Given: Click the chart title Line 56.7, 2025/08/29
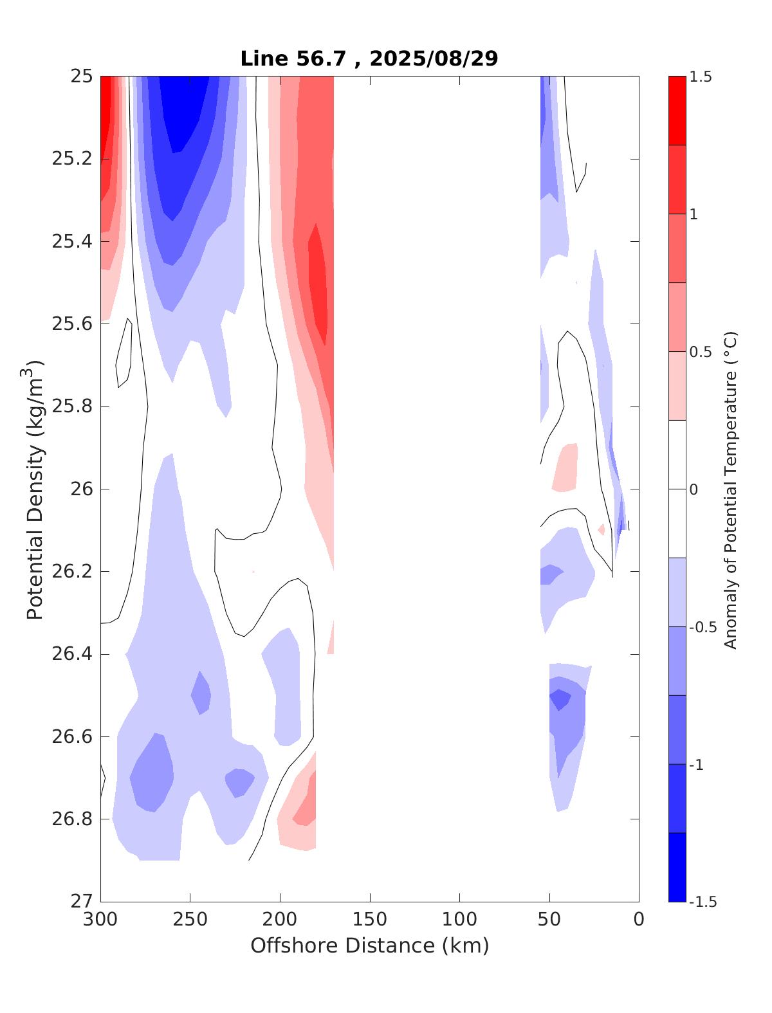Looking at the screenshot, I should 369,59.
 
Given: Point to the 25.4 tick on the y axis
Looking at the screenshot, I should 71,242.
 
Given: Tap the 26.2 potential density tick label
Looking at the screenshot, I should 71,572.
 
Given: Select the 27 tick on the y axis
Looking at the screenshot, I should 82,902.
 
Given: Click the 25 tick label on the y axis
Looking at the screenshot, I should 82,77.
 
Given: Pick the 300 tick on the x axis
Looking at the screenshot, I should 101,920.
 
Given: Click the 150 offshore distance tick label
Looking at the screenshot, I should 370,920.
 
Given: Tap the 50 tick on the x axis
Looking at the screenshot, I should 549,920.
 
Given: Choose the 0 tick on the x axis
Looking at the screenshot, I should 639,920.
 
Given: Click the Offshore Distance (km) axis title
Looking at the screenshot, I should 370,946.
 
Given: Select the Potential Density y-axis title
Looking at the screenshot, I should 35,489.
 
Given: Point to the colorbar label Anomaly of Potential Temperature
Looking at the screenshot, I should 730,489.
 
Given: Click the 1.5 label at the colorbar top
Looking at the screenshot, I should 701,77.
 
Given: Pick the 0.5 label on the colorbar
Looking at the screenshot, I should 699,352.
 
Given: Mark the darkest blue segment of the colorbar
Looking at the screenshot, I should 677,867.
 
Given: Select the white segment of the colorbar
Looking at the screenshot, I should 677,489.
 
